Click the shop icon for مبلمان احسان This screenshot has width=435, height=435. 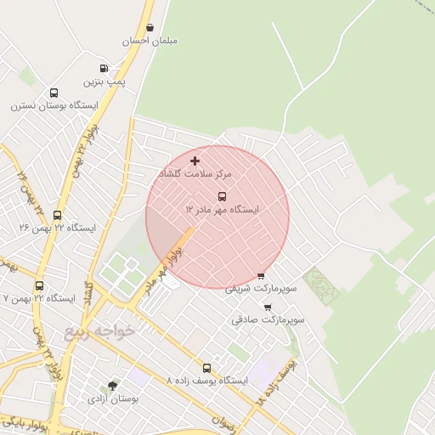coord(150,27)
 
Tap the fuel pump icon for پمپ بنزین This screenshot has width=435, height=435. coord(104,68)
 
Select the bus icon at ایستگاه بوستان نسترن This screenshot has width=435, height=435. coord(54,93)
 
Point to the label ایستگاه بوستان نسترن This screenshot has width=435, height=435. coord(54,106)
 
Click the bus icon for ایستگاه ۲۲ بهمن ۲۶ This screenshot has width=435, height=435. coord(57,215)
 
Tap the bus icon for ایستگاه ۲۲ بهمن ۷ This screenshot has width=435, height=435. coord(39,285)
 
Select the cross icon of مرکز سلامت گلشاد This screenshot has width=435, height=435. coord(195,160)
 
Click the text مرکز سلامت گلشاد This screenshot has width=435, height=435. coord(195,173)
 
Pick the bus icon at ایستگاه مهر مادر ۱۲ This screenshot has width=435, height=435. coord(223,195)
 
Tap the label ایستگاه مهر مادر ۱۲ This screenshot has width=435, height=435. coord(223,209)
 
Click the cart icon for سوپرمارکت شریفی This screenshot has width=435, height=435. coord(260,275)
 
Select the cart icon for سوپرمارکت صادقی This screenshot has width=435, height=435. coord(268,307)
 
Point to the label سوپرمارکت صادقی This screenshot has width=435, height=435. coord(268,320)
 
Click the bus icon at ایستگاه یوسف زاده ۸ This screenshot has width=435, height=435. coord(206,368)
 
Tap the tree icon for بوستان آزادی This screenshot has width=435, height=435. coord(112,385)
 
